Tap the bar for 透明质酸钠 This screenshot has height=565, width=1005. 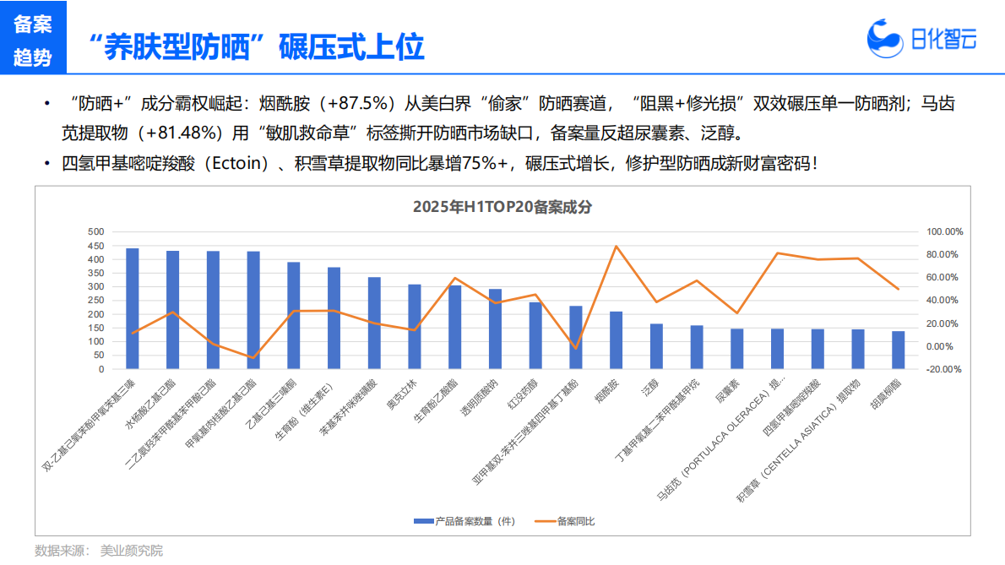(495, 329)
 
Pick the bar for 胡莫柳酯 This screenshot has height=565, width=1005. (898, 350)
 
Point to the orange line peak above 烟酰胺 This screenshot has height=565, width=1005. (616, 246)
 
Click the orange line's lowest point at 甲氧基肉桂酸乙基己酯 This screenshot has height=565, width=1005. (253, 358)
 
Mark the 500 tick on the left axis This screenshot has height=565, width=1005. (95, 231)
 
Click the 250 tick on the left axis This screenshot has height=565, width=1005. (95, 301)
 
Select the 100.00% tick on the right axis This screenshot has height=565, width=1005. (944, 231)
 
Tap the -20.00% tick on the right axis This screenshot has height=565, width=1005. (944, 369)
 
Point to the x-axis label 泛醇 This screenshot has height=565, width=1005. (651, 388)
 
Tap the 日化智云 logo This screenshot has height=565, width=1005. (922, 38)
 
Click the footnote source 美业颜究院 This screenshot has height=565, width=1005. (131, 551)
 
